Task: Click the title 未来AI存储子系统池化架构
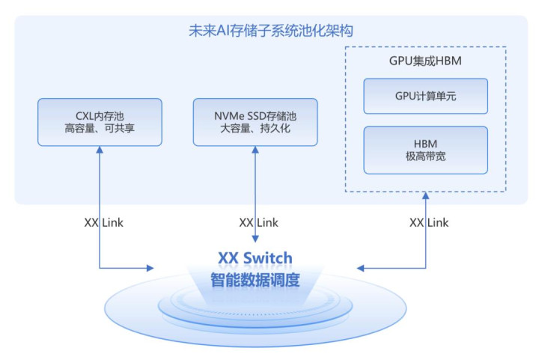pos(270,31)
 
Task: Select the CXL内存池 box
pos(99,122)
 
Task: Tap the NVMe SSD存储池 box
pos(255,122)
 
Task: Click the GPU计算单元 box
pos(425,96)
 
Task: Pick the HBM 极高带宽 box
pos(425,150)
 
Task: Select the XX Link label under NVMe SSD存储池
pos(258,222)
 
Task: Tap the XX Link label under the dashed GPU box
pos(429,222)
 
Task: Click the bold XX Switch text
pos(255,258)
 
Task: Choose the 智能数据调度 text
pos(255,281)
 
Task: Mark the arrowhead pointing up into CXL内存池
pos(99,150)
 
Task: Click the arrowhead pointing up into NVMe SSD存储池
pos(256,150)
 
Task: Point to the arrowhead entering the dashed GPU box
pos(425,197)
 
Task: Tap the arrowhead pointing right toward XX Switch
pos(150,267)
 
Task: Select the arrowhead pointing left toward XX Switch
pos(362,267)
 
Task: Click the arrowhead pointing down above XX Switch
pos(256,240)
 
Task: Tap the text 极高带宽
pos(425,157)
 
